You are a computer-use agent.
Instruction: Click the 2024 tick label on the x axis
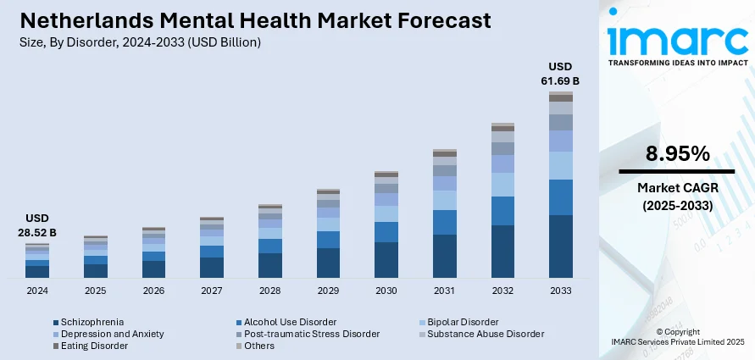[37, 290]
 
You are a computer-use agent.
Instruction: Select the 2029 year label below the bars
[328, 290]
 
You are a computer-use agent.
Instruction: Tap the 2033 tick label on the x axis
[561, 290]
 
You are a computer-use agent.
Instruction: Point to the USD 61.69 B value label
[561, 74]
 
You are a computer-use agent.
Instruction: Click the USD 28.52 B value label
[37, 224]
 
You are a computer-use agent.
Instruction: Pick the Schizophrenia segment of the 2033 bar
[561, 246]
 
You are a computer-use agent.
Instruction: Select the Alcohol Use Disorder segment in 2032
[502, 211]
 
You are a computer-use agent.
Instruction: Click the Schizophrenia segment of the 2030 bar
[386, 260]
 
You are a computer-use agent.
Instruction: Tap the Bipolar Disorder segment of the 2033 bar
[561, 165]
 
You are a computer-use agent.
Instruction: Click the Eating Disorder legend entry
[93, 346]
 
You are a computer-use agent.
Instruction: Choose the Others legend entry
[259, 346]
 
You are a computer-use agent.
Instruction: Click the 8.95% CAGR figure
[677, 153]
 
